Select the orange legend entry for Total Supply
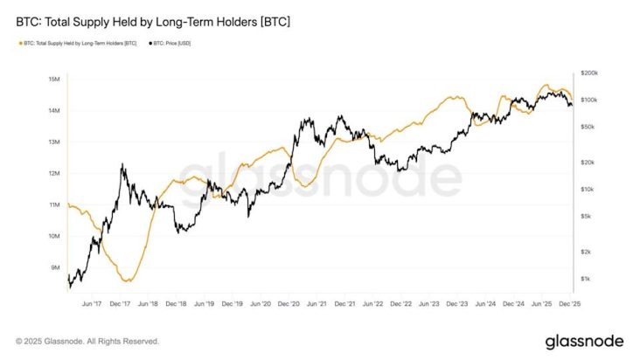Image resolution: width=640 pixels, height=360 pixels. click(77, 42)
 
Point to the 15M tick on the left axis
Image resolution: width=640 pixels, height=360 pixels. click(53, 80)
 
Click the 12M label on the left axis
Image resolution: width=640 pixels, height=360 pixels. click(53, 173)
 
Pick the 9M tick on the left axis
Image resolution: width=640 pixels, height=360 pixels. click(54, 267)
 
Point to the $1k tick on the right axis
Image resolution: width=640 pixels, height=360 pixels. click(585, 279)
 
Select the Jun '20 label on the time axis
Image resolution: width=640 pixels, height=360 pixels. click(261, 304)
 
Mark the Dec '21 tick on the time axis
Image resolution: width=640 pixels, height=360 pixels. click(345, 304)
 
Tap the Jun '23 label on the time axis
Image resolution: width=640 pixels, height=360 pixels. click(429, 304)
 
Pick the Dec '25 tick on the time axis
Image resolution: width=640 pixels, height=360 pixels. click(568, 304)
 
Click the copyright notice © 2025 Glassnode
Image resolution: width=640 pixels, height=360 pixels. click(87, 341)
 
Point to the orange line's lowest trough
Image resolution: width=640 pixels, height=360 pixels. click(129, 280)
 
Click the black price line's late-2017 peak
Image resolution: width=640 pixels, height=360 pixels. click(122, 164)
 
